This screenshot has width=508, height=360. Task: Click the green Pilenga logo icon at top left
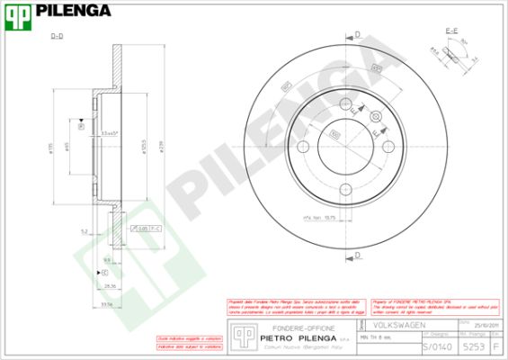pyautogui.click(x=18, y=12)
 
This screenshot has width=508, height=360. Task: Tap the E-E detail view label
pyautogui.click(x=452, y=31)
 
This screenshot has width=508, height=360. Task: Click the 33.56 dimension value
pyautogui.click(x=107, y=303)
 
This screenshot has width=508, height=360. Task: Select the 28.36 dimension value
pyautogui.click(x=111, y=285)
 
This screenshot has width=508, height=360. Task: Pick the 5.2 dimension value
pyautogui.click(x=83, y=231)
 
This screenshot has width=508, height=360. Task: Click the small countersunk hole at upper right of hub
pyautogui.click(x=374, y=116)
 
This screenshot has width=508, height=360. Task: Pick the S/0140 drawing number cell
pyautogui.click(x=437, y=346)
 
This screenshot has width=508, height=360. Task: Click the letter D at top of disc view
pyautogui.click(x=357, y=34)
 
